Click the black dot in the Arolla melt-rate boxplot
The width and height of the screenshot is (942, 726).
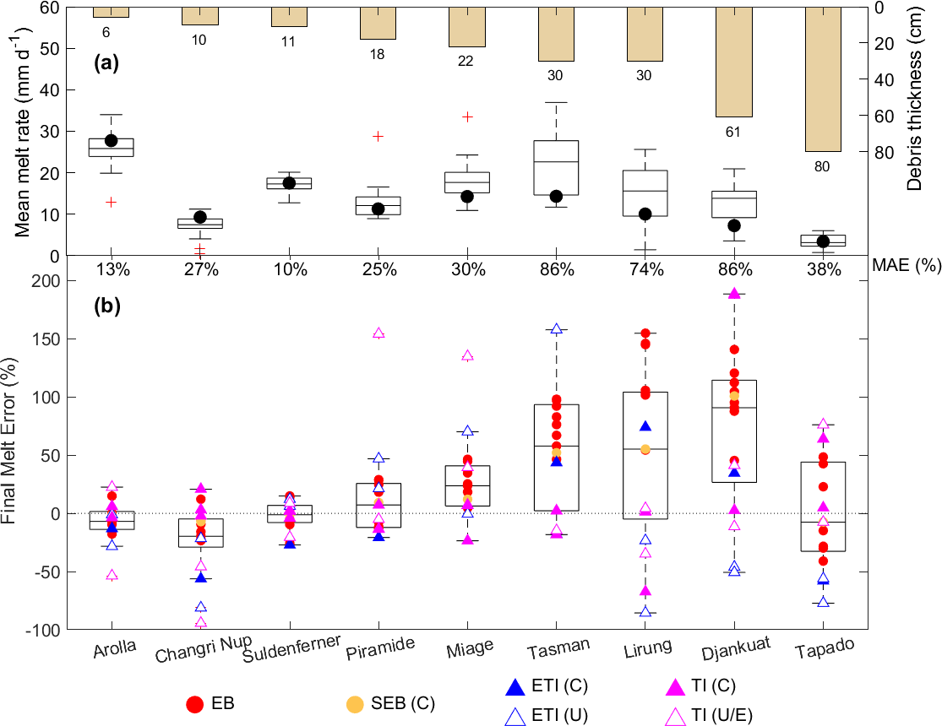[x=111, y=141]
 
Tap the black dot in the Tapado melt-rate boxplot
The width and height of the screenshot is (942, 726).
[x=823, y=241]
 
